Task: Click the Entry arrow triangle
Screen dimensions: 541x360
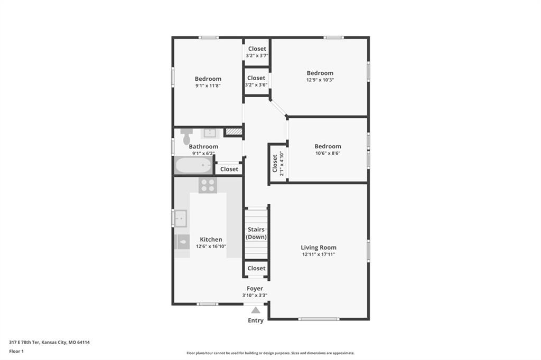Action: (256, 310)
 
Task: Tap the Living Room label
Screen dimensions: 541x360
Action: (319, 247)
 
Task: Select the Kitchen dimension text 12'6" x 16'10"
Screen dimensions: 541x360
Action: (211, 246)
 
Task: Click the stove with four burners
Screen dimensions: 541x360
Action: (208, 185)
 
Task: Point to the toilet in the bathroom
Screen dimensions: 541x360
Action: (186, 137)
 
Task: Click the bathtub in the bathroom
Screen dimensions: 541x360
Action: (193, 166)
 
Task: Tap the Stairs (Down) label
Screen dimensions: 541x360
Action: (256, 233)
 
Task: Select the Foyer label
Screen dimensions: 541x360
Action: (255, 288)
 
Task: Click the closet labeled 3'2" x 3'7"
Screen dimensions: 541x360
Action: (257, 51)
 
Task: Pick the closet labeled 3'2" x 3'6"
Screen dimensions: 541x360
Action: (256, 81)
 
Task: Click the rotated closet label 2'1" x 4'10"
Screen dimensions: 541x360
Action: (278, 164)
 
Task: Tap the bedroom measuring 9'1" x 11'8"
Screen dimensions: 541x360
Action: (208, 82)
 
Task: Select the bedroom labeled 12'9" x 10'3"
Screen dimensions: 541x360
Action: (320, 76)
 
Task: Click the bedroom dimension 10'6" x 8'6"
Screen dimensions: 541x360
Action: (328, 153)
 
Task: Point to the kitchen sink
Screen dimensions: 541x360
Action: (181, 219)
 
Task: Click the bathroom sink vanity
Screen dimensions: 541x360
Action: (209, 133)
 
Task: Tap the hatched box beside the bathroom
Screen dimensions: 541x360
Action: (234, 132)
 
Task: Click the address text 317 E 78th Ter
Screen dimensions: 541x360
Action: (24, 343)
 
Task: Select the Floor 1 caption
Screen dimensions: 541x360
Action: (16, 352)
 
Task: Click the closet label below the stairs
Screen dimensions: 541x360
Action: (256, 268)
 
